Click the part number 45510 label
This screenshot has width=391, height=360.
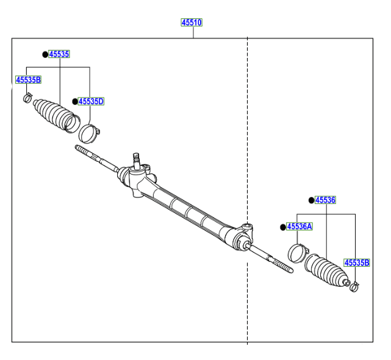point(191,23)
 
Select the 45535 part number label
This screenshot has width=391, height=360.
point(59,54)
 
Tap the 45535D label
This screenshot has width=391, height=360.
point(91,101)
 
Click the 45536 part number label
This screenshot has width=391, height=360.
point(325,200)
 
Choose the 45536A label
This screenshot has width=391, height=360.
point(300,226)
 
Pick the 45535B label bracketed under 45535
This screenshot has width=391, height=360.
point(28,80)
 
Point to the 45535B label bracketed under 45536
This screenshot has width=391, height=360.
point(356,263)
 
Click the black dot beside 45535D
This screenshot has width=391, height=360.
point(74,101)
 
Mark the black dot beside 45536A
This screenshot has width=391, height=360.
point(283,227)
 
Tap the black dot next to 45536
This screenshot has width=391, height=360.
point(310,200)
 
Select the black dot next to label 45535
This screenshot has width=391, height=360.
point(45,54)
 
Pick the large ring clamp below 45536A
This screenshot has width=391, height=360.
point(298,252)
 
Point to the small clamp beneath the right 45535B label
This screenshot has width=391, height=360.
point(352,284)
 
